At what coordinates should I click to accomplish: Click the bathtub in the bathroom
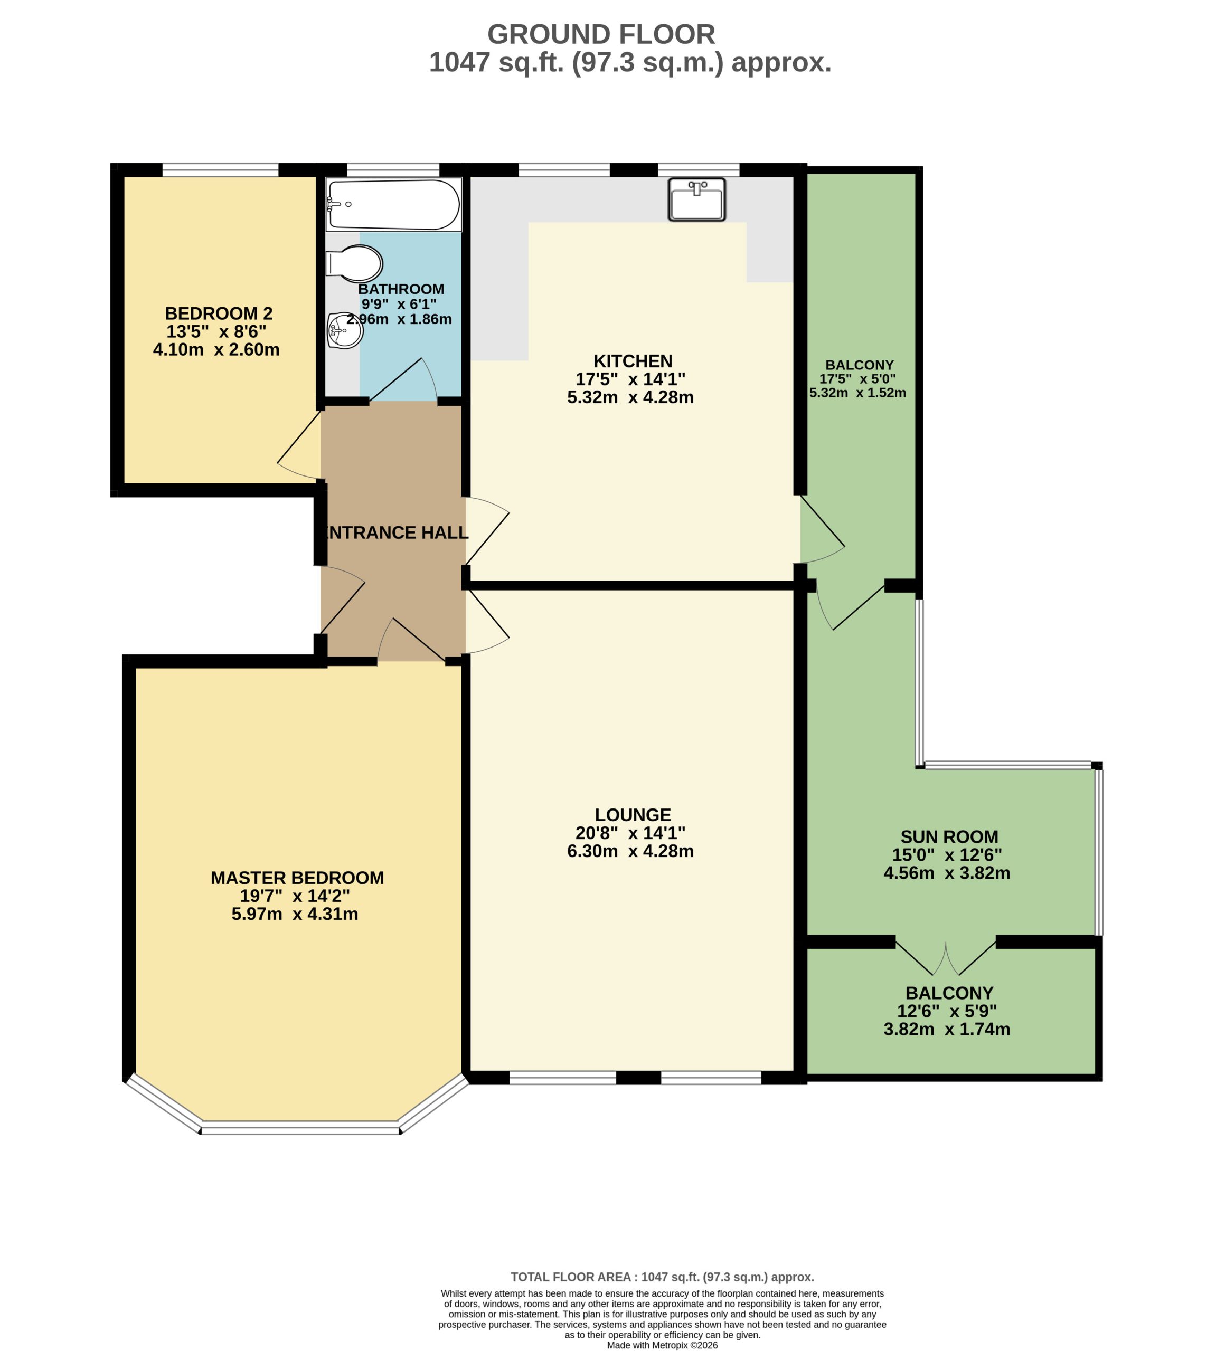393,204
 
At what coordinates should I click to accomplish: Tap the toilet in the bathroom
354,263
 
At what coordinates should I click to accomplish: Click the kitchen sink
697,199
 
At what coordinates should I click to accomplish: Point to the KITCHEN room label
633,361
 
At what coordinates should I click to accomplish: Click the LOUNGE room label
633,815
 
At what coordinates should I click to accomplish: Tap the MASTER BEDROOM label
297,878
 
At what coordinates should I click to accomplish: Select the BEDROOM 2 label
219,313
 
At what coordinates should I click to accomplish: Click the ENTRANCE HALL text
395,532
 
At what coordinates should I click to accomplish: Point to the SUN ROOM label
949,837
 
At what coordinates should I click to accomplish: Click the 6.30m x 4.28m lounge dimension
630,851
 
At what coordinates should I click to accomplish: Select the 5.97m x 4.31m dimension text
295,914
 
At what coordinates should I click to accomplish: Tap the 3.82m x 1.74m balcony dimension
947,1029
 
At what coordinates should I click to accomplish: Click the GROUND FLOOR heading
601,34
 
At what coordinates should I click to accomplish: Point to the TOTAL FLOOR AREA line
663,1277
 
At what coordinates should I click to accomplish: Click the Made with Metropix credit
663,1345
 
